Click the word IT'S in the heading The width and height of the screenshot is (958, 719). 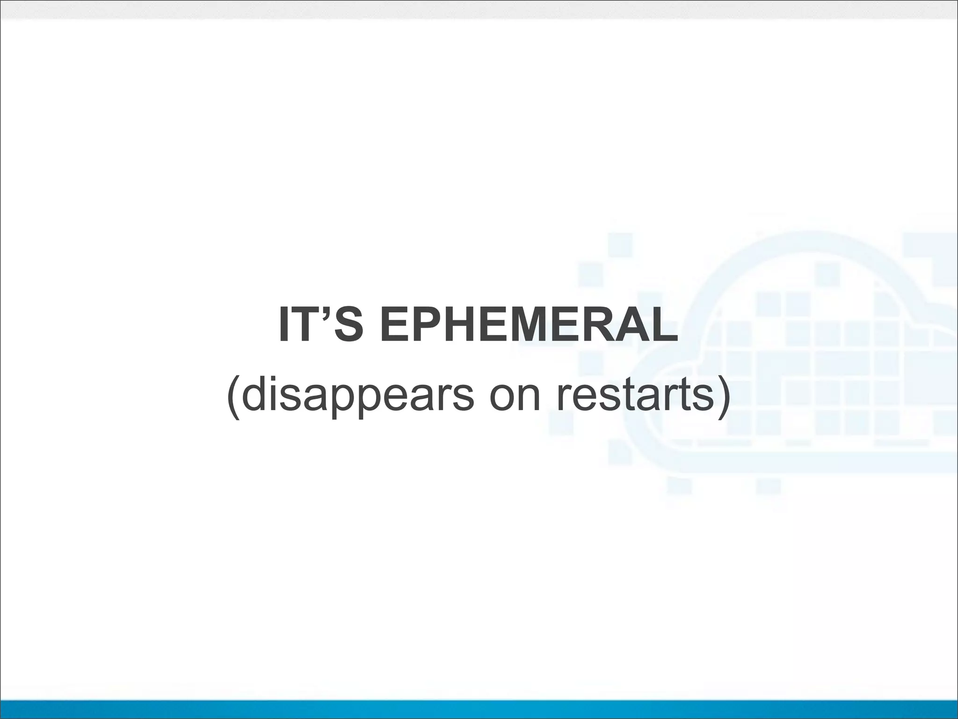click(320, 324)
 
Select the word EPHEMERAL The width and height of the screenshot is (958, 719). click(529, 324)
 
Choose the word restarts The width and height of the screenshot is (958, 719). click(634, 396)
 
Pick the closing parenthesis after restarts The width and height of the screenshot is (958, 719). click(723, 397)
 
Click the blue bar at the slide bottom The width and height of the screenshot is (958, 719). click(479, 709)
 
